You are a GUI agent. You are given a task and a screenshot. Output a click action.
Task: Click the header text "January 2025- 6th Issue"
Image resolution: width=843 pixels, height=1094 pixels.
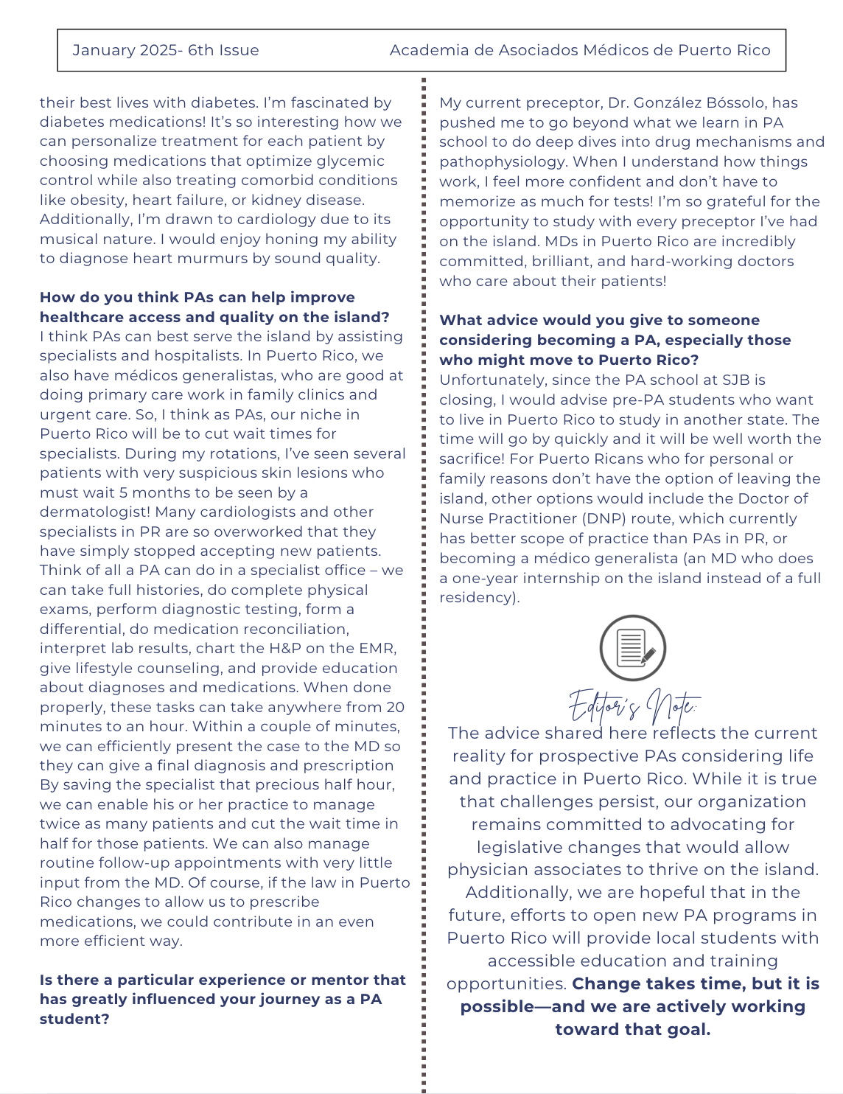pos(166,50)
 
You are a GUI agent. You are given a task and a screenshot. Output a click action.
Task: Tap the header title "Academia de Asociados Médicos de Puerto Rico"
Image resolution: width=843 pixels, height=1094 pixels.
pos(580,50)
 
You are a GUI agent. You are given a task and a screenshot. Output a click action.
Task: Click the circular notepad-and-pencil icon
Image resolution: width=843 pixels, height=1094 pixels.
pos(633,648)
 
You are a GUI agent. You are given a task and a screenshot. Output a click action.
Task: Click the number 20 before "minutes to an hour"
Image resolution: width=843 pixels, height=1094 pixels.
pos(396,707)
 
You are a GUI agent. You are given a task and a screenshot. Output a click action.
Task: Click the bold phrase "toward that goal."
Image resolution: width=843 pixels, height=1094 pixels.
pos(633,1029)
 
